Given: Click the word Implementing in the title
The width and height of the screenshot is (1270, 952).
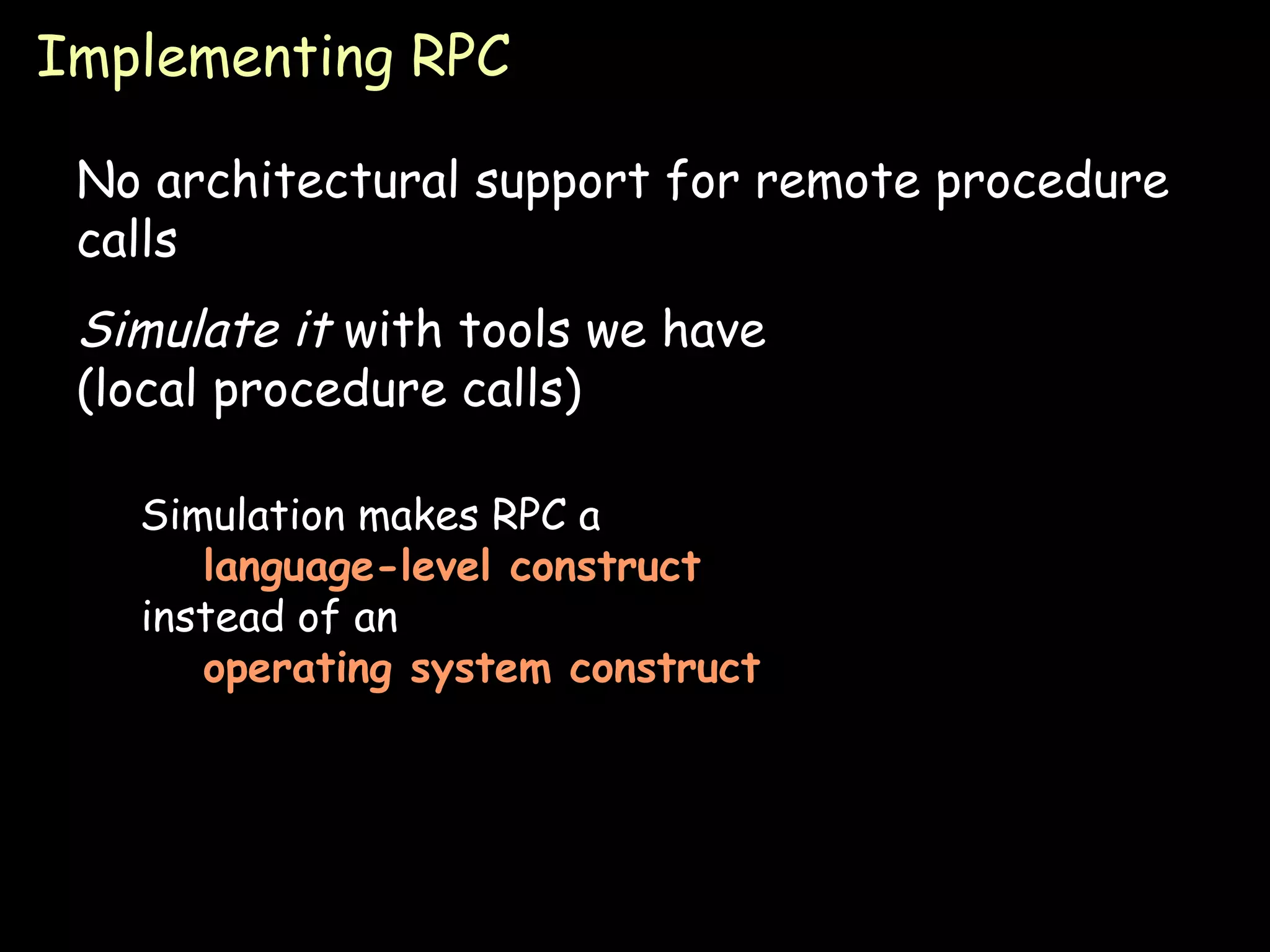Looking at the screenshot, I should (215, 59).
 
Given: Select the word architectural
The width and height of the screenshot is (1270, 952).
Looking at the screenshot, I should (307, 181).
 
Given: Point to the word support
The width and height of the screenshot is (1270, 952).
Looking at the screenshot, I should (562, 183).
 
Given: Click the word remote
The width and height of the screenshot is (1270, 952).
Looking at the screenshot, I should (837, 181).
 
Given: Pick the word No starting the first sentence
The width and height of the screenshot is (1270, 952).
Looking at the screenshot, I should (108, 181).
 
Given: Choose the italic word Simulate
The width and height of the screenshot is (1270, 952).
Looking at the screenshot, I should (180, 329).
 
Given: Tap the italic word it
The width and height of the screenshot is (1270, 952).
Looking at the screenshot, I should (314, 329).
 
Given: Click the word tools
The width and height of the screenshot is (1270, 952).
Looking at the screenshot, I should (514, 329).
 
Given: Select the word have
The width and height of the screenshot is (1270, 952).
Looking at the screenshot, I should (714, 329).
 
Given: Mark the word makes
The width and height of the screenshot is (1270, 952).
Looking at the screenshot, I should (419, 515).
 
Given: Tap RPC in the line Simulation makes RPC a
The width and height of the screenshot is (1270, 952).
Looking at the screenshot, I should (528, 515).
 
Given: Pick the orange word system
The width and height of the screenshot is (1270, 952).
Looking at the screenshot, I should (481, 670).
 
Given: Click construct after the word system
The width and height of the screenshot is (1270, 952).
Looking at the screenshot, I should (665, 669).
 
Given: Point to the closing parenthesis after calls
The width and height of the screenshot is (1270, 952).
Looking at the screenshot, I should (573, 389).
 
